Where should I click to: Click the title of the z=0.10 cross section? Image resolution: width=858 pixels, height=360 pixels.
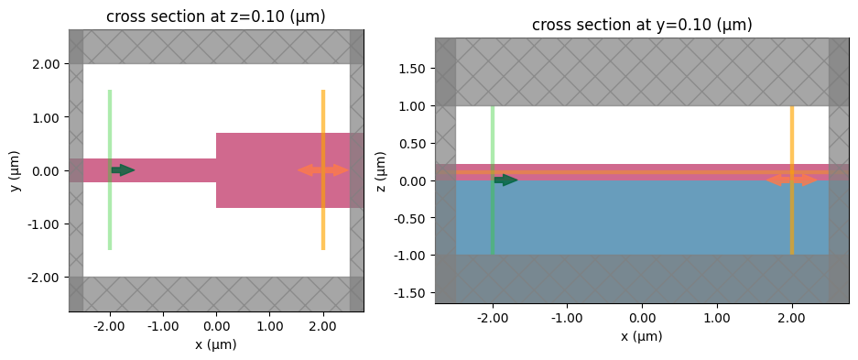[216, 16]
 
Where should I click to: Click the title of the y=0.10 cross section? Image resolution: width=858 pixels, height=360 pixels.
[642, 25]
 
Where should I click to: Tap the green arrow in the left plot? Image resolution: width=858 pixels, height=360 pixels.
[123, 170]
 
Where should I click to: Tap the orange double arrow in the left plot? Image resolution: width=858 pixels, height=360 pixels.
[323, 170]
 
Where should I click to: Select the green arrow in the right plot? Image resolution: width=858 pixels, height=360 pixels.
[505, 180]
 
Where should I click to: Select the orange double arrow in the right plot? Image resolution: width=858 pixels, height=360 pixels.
[791, 180]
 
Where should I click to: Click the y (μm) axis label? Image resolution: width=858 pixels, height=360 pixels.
[14, 170]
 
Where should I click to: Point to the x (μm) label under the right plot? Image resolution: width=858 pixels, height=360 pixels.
[642, 337]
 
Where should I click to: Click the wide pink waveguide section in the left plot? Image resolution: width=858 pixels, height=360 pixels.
[275, 170]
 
